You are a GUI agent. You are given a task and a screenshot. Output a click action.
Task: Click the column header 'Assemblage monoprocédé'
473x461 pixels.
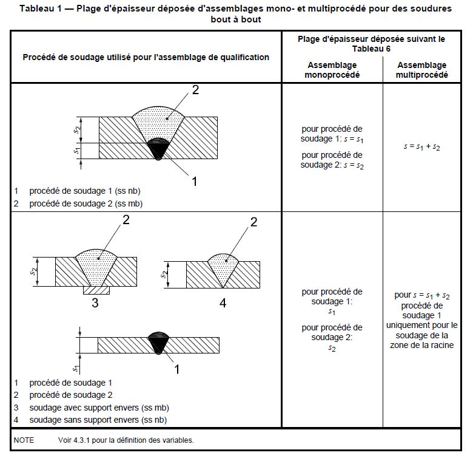[x=332, y=70]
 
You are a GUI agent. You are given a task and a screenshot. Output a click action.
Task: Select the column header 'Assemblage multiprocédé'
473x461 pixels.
[x=421, y=70]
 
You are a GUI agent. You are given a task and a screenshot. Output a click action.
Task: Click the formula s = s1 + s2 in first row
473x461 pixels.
[x=421, y=147]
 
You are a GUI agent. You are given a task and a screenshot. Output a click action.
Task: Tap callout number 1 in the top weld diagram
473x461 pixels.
[x=195, y=181]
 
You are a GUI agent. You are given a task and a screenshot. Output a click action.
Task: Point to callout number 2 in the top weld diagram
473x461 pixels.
[x=195, y=90]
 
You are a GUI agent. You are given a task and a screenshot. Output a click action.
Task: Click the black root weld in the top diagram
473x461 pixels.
[x=158, y=148]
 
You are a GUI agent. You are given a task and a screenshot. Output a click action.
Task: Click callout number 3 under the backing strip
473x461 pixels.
[x=95, y=302]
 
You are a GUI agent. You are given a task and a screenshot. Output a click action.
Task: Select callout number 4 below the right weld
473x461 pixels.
[x=223, y=302]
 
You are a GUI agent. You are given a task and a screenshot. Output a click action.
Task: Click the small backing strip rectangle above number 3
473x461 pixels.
[x=96, y=290]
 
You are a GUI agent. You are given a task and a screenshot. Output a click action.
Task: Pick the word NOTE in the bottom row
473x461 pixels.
[x=24, y=440]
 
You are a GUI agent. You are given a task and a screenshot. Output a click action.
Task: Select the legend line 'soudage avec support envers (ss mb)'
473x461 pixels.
[x=99, y=408]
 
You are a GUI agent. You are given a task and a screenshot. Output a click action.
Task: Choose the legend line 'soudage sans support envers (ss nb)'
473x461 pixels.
[x=98, y=420]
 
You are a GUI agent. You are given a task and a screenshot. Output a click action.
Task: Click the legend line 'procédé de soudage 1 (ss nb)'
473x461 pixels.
[x=85, y=191]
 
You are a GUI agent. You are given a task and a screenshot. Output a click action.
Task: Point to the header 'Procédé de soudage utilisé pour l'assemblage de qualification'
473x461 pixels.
[x=146, y=57]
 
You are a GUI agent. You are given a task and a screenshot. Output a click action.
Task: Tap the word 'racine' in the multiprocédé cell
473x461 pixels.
[x=440, y=346]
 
